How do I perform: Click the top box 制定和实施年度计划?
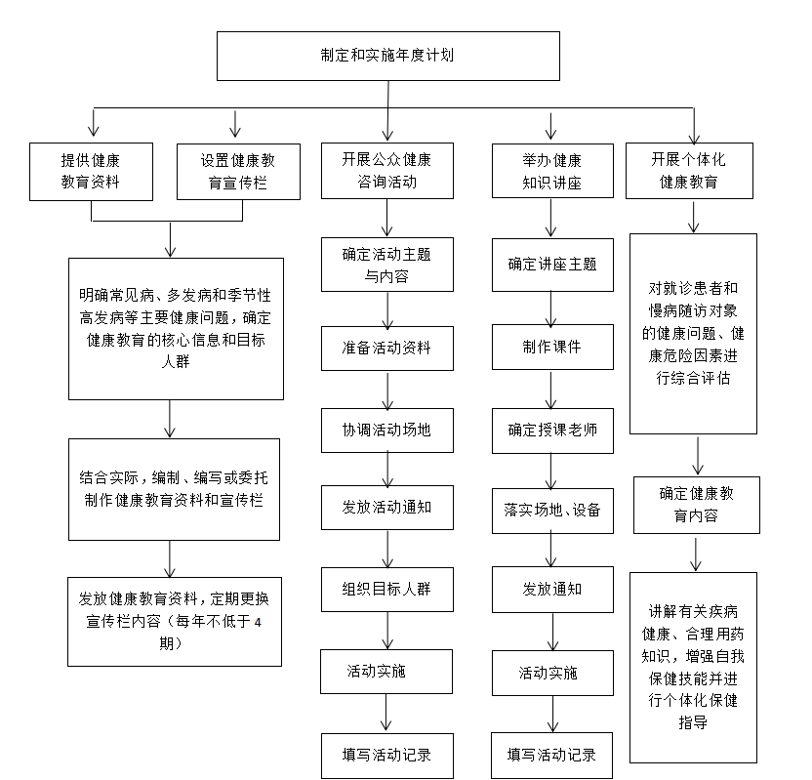[387, 56]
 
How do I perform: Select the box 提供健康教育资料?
[91, 172]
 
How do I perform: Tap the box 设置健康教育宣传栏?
[238, 172]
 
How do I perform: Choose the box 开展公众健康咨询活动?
[386, 171]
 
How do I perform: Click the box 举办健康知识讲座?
[552, 171]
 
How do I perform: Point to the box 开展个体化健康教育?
[689, 171]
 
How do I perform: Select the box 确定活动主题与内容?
[386, 265]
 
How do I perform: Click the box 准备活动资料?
[386, 349]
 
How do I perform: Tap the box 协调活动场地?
[386, 430]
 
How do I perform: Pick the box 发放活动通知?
[386, 507]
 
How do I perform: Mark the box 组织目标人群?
[386, 590]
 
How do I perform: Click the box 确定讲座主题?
[552, 265]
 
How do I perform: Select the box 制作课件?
[552, 347]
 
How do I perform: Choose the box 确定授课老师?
[552, 431]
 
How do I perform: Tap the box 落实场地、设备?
[552, 511]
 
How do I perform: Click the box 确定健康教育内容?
[697, 505]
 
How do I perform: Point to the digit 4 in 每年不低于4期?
[258, 622]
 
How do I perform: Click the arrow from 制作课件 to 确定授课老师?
[551, 390]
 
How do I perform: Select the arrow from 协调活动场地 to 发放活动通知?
[387, 470]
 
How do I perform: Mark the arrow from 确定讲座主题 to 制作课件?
[551, 308]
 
